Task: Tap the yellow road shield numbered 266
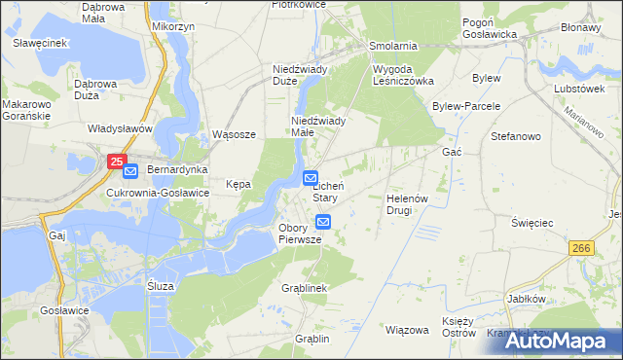point(583,251)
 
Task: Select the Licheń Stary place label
point(325,191)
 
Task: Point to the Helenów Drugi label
point(407,203)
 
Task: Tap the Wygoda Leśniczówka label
point(403,75)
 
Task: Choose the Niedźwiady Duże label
point(299,75)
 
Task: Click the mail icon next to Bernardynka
point(130,171)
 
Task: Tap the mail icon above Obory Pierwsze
point(323,222)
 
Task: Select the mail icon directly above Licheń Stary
point(311,178)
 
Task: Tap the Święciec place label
point(532,223)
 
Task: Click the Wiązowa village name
point(408,330)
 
